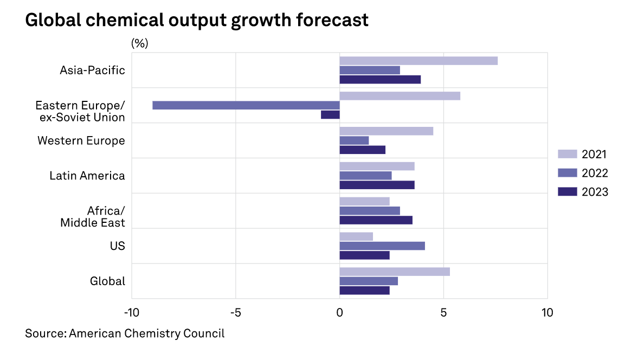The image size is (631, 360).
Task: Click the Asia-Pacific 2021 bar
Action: coord(418,61)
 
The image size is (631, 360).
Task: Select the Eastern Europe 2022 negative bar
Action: coord(246,105)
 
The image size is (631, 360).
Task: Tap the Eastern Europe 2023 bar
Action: coord(330,114)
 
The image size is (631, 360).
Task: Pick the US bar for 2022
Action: coord(382,246)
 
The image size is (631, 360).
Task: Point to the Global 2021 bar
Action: coord(395,272)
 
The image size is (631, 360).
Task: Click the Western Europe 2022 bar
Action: coord(354,140)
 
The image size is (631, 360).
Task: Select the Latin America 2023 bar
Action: coord(377,185)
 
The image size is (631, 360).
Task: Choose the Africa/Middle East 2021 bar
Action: coord(364,202)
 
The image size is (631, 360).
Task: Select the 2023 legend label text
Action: coord(595,192)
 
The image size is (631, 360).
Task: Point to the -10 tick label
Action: coord(131,313)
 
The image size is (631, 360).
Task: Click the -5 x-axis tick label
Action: coord(235,313)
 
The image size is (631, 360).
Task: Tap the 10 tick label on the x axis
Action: coord(547,313)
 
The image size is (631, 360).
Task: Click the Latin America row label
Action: coord(87,176)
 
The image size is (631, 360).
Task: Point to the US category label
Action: coord(117,246)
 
